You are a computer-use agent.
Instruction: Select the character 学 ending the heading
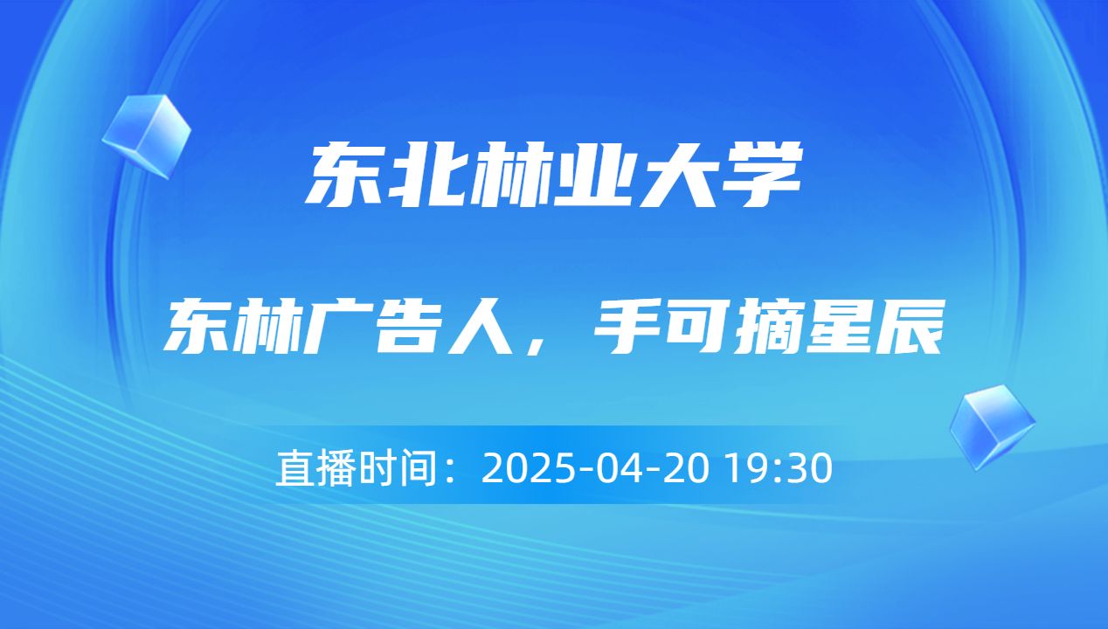760,177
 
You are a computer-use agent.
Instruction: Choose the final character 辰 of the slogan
911,326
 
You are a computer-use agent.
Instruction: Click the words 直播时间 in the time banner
355,469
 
